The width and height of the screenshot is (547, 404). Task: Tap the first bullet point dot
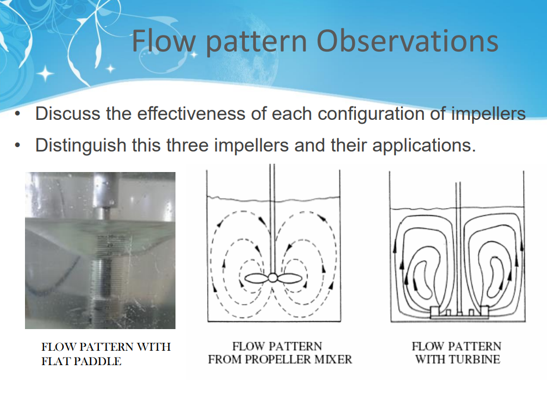pos(19,115)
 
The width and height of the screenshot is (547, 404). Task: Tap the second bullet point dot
pos(19,147)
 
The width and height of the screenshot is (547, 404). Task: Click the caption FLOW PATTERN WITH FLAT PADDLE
pos(106,354)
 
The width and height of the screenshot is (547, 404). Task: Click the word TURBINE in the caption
pos(473,359)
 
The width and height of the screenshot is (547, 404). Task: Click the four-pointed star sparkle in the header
pos(46,73)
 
